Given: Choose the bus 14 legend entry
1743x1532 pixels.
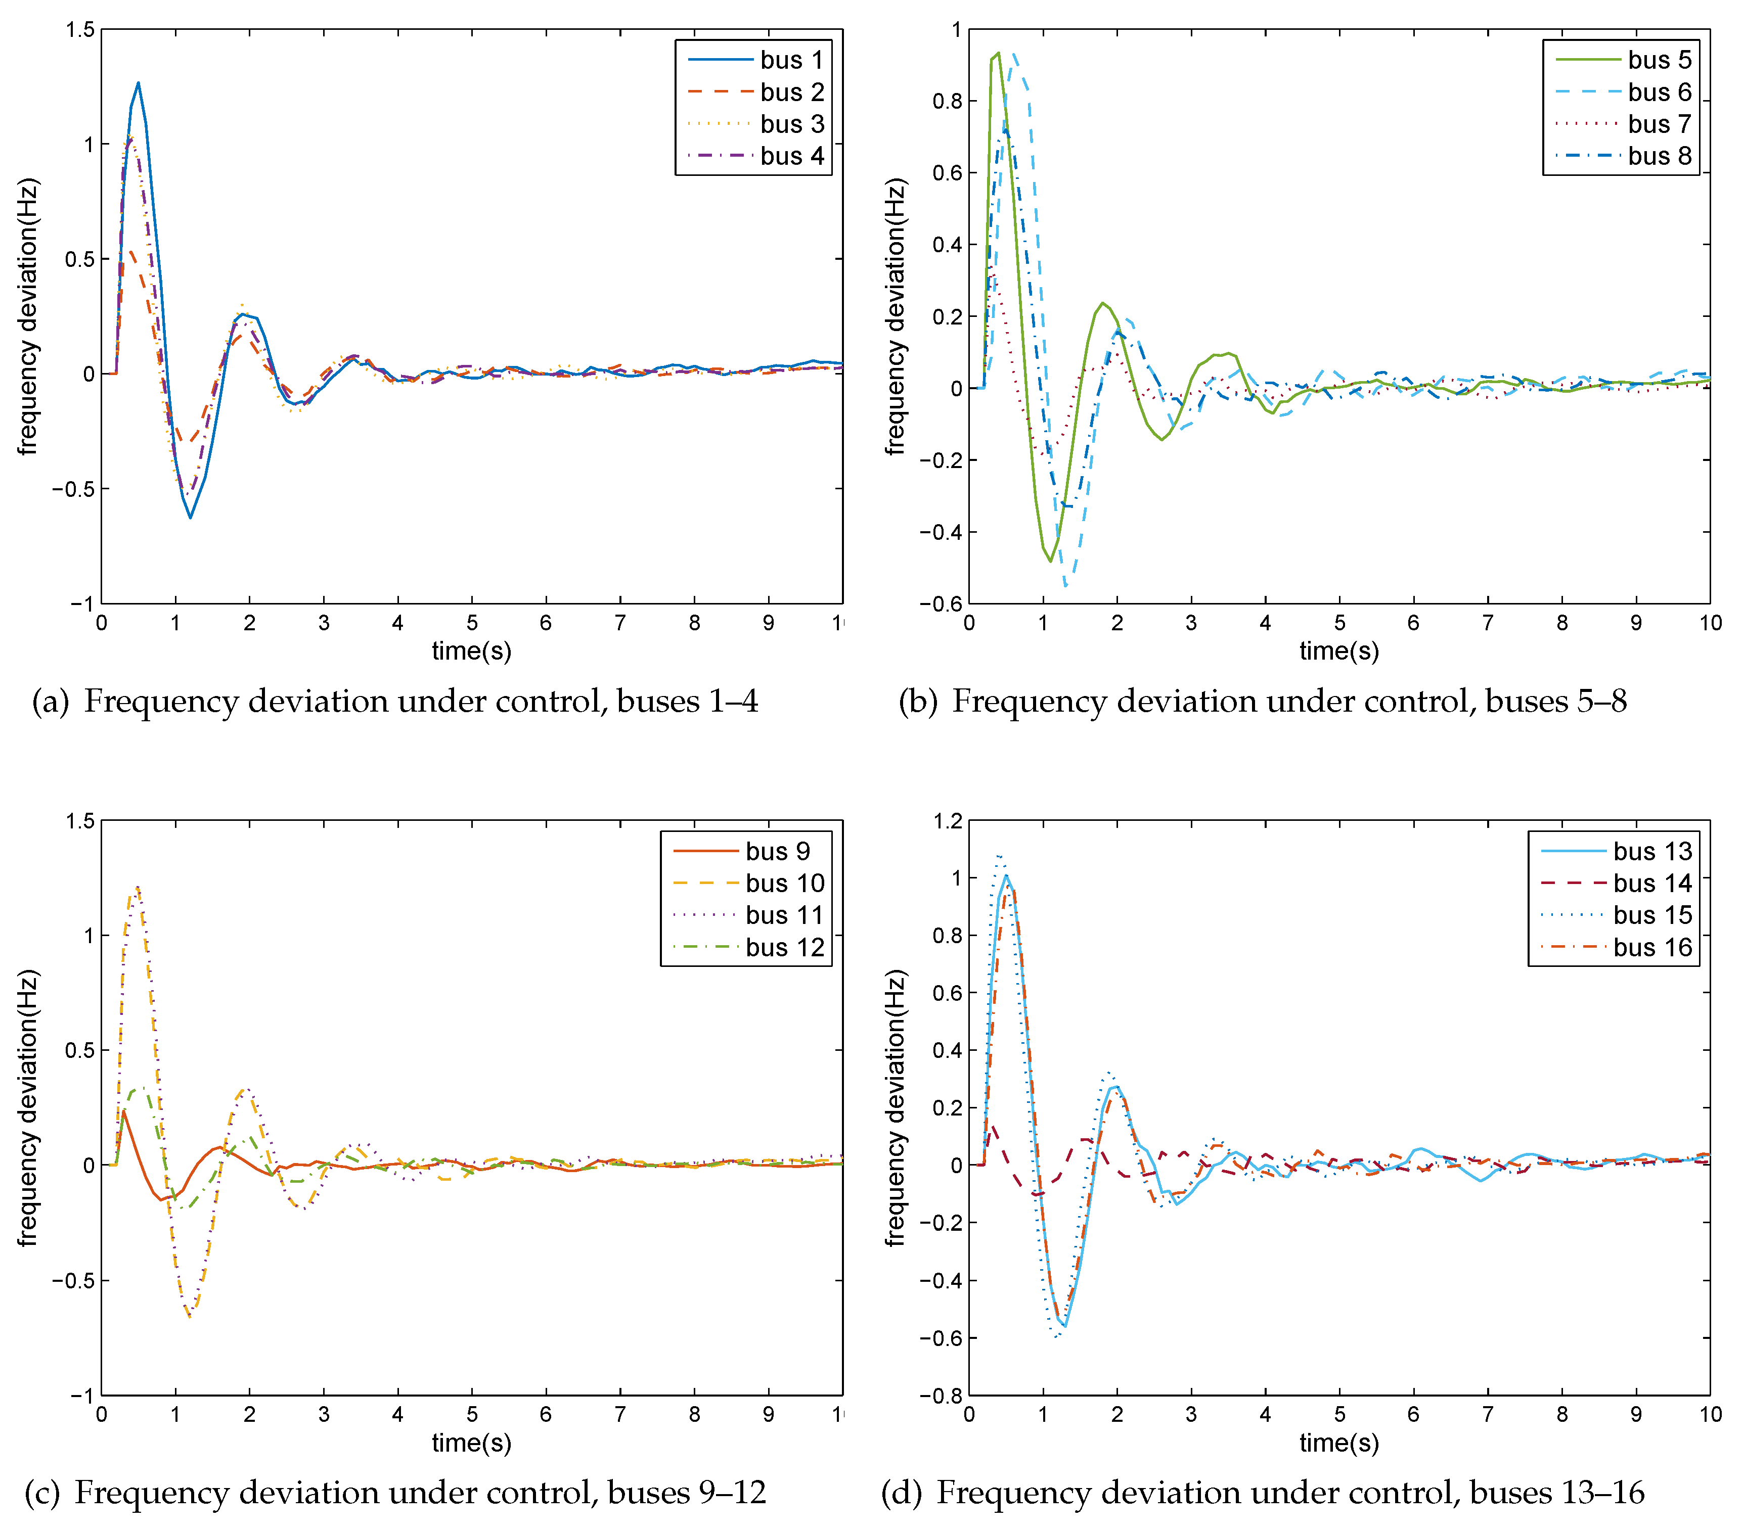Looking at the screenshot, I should [x=1616, y=883].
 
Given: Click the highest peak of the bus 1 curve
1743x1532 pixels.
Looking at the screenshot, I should [x=138, y=83].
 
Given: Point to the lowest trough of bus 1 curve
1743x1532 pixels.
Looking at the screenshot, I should [x=190, y=518].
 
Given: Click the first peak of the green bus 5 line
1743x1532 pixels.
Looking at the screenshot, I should [x=998, y=54].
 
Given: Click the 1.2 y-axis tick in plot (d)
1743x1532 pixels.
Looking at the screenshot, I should [x=948, y=821].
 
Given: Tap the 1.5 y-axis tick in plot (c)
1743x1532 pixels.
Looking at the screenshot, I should [x=80, y=821].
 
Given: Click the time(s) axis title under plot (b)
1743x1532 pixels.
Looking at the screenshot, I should [x=1339, y=652].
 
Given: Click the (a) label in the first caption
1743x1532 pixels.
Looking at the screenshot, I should [x=50, y=702].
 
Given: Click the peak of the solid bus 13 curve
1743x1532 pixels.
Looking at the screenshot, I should [x=1006, y=875].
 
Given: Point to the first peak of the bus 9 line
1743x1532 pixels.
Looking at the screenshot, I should [x=124, y=1111].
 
